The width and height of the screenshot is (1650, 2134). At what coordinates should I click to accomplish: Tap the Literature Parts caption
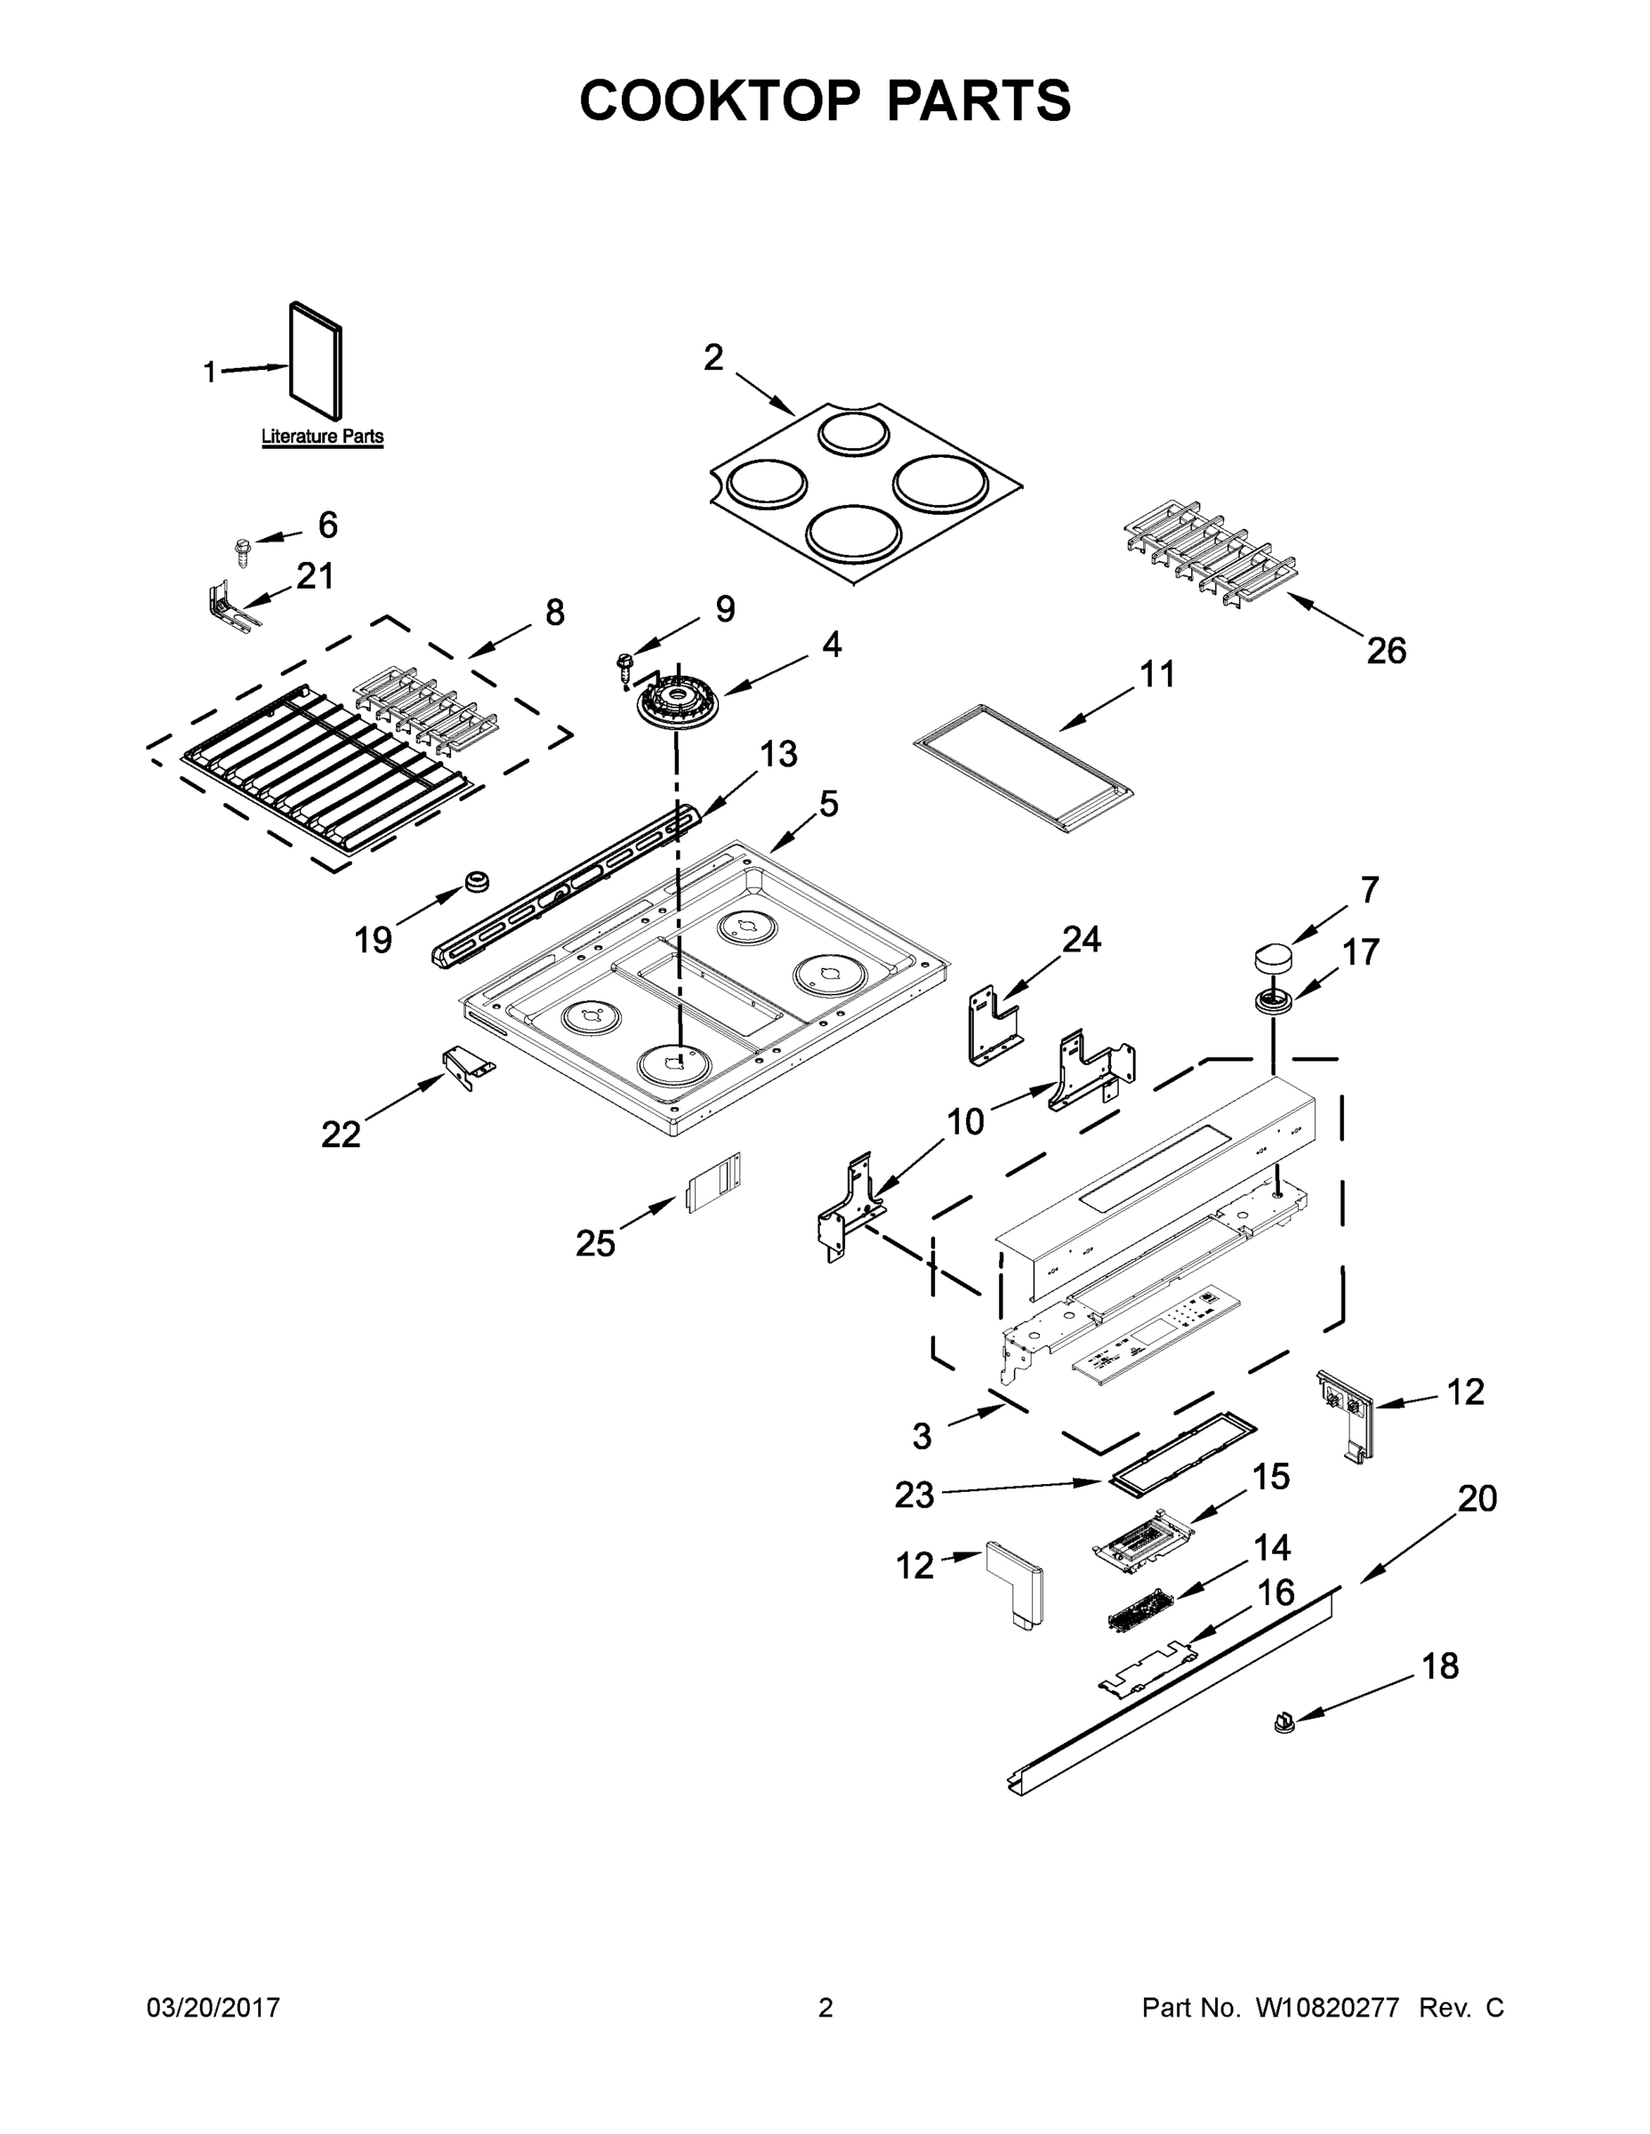[x=322, y=437]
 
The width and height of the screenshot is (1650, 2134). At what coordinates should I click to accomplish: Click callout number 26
[x=1385, y=650]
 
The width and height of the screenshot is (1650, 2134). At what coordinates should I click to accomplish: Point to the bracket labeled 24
[x=994, y=1026]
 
